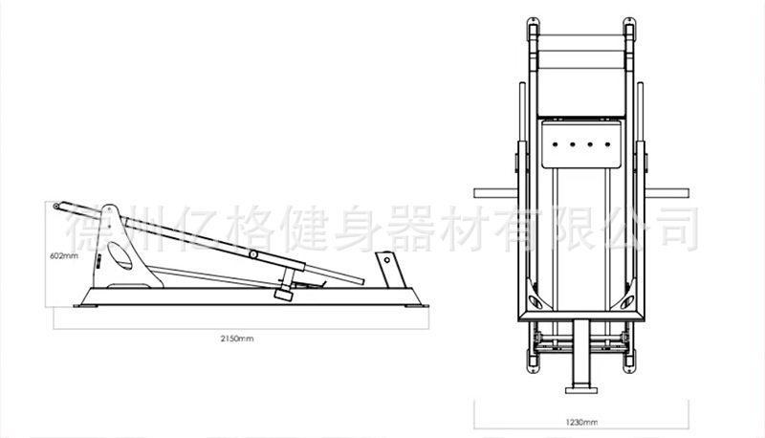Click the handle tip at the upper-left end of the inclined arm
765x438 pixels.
pos(57,205)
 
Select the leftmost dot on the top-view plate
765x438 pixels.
pos(555,145)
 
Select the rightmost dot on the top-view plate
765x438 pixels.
pos(603,145)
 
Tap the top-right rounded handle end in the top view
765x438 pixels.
pos(630,23)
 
